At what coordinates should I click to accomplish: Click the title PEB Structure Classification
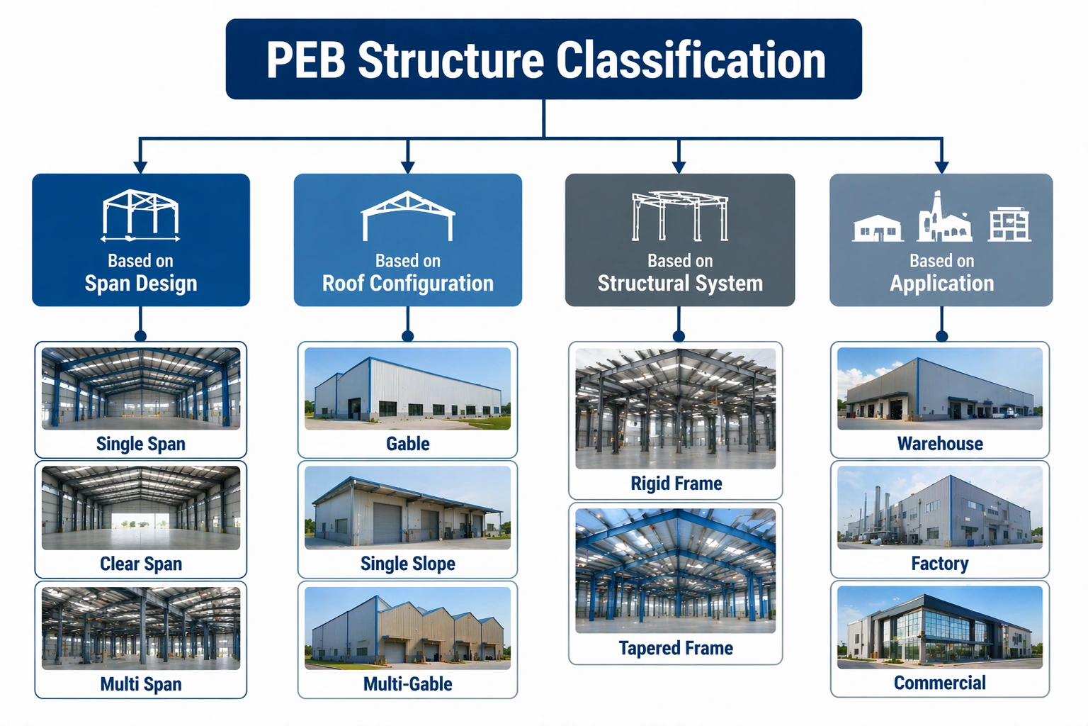(x=545, y=60)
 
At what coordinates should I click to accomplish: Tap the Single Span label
(x=141, y=444)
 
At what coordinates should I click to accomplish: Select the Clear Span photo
(x=141, y=508)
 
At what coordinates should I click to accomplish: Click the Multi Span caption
(x=141, y=684)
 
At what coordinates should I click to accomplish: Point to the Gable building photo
(x=407, y=389)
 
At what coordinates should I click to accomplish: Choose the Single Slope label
(x=407, y=564)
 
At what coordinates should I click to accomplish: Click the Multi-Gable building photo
(x=407, y=628)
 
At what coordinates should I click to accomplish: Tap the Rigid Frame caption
(x=676, y=484)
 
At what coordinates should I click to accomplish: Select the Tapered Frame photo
(x=676, y=570)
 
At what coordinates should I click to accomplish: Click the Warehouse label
(x=940, y=444)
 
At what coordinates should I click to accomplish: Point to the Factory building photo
(x=940, y=508)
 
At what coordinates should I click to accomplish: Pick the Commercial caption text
(x=940, y=683)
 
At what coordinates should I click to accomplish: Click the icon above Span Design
(x=140, y=216)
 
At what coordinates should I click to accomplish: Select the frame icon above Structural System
(x=680, y=216)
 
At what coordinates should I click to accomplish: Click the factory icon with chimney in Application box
(x=944, y=218)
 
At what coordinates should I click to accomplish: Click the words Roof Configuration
(x=407, y=284)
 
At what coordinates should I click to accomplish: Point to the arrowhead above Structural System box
(x=679, y=167)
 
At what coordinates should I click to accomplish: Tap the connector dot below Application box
(x=941, y=335)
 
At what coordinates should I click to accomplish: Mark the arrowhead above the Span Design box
(x=140, y=167)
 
